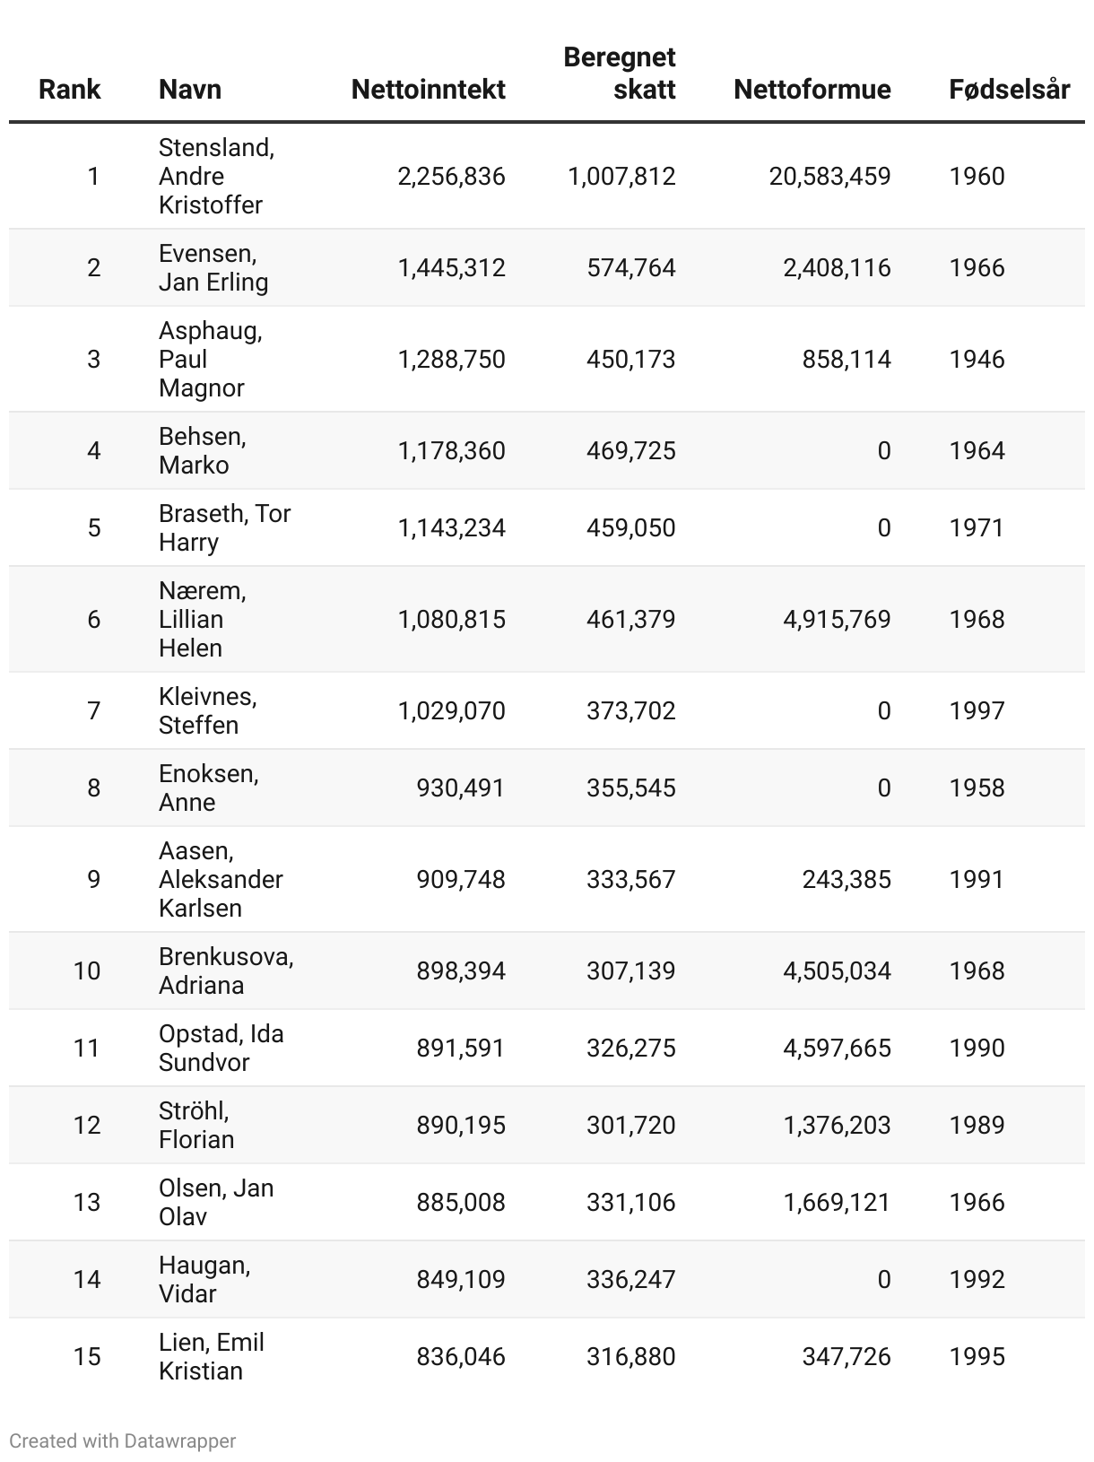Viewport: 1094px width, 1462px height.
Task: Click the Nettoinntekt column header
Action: click(x=428, y=90)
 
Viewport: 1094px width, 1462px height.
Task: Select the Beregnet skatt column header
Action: click(x=619, y=74)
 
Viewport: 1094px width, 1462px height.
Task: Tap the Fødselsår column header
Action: click(x=1009, y=90)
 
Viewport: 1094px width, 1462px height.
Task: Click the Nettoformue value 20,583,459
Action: click(x=829, y=177)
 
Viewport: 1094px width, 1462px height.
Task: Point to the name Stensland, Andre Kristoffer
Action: click(x=216, y=177)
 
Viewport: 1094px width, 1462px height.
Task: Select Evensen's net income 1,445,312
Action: click(x=451, y=268)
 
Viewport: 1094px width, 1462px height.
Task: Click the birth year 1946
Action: click(x=977, y=360)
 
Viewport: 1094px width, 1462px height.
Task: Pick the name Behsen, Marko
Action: click(x=202, y=451)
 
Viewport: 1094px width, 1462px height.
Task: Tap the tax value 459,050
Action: click(x=630, y=528)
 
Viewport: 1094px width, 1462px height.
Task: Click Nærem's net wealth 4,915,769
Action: click(x=837, y=620)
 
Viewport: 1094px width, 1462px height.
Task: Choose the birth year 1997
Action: click(x=977, y=711)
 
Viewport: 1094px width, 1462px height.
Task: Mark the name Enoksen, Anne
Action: click(x=208, y=788)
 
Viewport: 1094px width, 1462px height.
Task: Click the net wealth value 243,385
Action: click(x=846, y=880)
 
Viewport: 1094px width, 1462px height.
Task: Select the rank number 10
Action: click(x=87, y=971)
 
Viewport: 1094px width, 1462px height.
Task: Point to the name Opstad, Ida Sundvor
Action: click(x=221, y=1049)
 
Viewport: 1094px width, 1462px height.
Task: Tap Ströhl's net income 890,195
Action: click(x=460, y=1126)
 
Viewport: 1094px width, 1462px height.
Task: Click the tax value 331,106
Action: click(x=630, y=1203)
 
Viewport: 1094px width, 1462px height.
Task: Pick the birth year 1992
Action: click(x=977, y=1280)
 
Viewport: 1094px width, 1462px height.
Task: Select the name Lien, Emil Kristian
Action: click(x=211, y=1357)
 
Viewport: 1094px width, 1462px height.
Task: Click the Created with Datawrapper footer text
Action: click(x=123, y=1441)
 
